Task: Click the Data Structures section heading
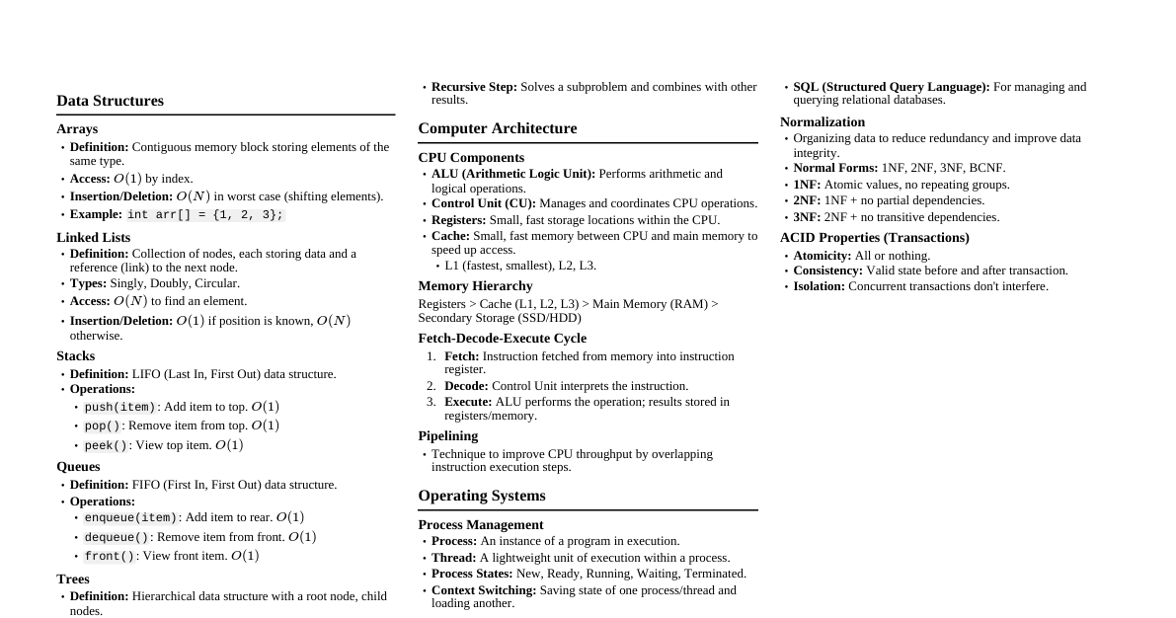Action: click(x=110, y=101)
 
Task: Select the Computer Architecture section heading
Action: click(x=497, y=128)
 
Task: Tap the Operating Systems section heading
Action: click(x=481, y=496)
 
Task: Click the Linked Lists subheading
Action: click(x=93, y=238)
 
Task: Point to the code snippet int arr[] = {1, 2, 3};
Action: click(x=205, y=215)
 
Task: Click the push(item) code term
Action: click(x=119, y=408)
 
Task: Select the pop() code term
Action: click(x=102, y=426)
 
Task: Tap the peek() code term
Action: click(x=106, y=446)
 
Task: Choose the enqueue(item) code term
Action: click(x=130, y=518)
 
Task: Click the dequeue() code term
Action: click(x=117, y=538)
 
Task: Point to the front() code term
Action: click(x=109, y=557)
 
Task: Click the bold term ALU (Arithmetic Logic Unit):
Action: click(x=513, y=174)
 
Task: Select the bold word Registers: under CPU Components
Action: click(x=458, y=220)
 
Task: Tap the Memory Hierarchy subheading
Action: click(x=475, y=286)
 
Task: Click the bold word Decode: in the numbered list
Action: click(x=466, y=386)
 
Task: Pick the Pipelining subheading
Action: click(x=447, y=436)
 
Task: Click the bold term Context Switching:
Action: click(x=484, y=590)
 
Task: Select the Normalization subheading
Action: click(x=822, y=122)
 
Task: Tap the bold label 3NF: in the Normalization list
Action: click(x=807, y=217)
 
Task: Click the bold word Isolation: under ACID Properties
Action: click(x=819, y=286)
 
